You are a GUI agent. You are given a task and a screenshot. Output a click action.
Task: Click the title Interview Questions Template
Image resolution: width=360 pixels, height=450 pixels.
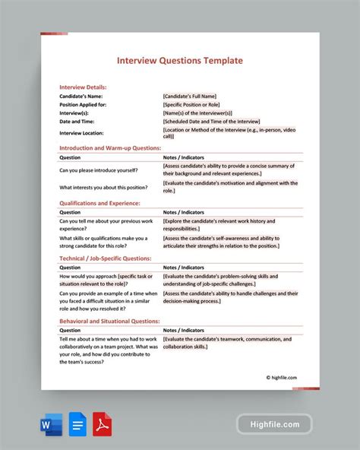[x=179, y=60]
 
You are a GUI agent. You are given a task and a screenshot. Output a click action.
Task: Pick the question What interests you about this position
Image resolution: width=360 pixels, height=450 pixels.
[x=105, y=187]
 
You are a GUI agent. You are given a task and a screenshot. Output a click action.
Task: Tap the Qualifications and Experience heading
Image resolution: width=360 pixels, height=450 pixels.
[x=99, y=203]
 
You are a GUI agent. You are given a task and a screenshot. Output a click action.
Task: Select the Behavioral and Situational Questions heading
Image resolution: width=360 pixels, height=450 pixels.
[x=109, y=321]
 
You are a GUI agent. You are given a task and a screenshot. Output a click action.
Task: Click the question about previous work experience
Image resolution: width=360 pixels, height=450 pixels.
[x=106, y=224]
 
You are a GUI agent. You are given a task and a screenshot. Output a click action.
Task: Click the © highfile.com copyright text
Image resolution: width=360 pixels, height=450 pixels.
[x=281, y=377]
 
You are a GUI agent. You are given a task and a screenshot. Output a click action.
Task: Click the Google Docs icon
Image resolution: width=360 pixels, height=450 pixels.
[x=76, y=424]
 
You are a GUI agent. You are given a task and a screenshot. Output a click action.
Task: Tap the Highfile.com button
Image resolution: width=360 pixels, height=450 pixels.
[x=274, y=425]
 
